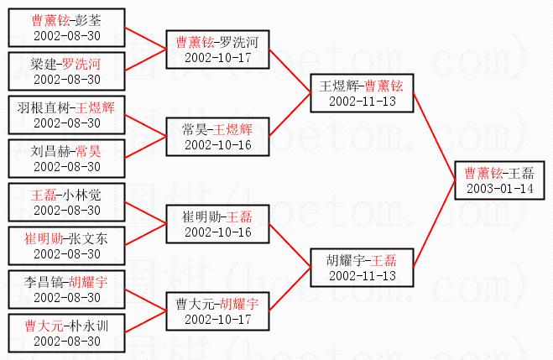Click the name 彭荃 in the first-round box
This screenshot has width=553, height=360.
click(87, 18)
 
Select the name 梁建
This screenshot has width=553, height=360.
click(44, 64)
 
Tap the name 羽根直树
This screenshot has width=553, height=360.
click(50, 107)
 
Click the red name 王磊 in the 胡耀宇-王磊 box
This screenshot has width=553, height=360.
click(384, 260)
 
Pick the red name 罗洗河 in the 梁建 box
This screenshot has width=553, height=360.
click(86, 64)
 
